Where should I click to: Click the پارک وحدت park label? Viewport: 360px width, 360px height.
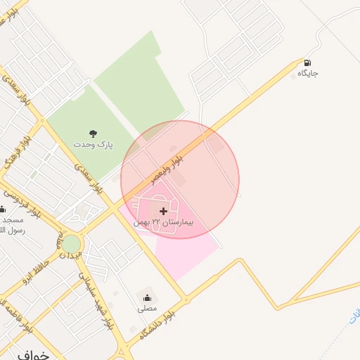92,143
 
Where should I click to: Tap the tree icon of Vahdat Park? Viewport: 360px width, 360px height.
92,133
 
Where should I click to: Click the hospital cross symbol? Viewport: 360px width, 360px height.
163,210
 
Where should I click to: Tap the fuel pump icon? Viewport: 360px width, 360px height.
308,63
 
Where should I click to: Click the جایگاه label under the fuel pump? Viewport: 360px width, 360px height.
308,73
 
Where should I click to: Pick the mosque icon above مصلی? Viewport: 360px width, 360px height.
147,297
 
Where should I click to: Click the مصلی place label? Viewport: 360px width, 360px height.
147,308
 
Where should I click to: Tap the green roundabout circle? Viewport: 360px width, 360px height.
71,244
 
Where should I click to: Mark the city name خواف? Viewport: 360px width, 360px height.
32,355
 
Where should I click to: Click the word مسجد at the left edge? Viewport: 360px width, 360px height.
10,220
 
